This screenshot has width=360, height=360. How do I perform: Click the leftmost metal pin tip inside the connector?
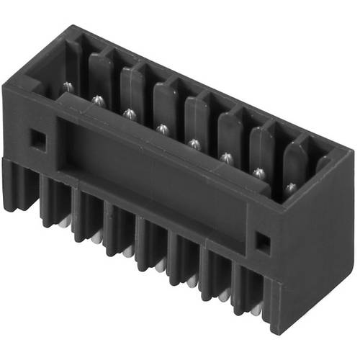[67, 86]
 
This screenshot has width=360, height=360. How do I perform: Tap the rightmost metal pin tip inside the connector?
[290, 187]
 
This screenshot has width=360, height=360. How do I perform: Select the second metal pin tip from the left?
[98, 99]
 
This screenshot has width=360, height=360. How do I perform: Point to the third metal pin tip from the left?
[130, 113]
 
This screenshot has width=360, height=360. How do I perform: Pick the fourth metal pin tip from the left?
[162, 128]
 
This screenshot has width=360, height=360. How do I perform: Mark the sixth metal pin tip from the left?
[227, 157]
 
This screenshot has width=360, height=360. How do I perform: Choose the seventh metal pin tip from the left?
[258, 172]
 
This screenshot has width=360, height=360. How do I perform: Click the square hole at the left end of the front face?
[37, 136]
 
